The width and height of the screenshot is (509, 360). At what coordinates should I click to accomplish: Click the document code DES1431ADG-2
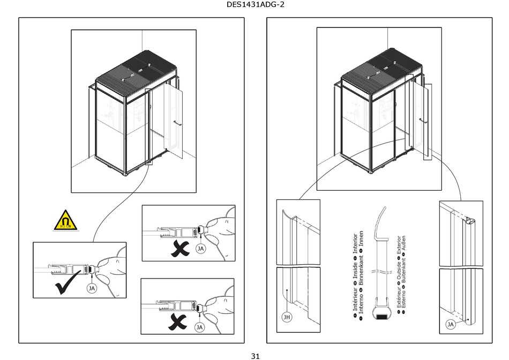coord(254,6)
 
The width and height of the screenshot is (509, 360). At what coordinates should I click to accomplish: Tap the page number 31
coord(255,355)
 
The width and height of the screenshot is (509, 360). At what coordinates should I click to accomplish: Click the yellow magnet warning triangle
coord(65,220)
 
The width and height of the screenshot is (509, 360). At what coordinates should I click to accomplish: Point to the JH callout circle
coord(287,317)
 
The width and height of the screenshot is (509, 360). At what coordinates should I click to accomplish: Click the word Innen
coord(362,239)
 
